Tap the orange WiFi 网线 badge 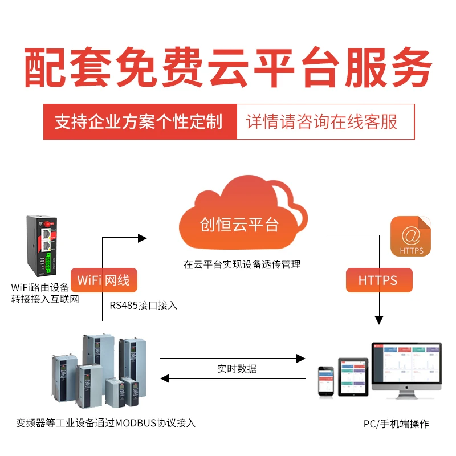pyautogui.click(x=104, y=280)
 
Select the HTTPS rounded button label pyautogui.click(x=379, y=280)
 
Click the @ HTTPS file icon pyautogui.click(x=410, y=236)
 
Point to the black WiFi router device pyautogui.click(x=42, y=246)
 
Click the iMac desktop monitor pyautogui.click(x=406, y=370)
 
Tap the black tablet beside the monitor pyautogui.click(x=353, y=377)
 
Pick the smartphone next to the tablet pyautogui.click(x=326, y=381)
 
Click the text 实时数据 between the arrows pyautogui.click(x=237, y=369)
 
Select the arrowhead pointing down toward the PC pyautogui.click(x=379, y=320)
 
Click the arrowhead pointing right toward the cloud pyautogui.click(x=142, y=238)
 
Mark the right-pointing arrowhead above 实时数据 pyautogui.click(x=301, y=359)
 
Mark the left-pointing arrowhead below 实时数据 pyautogui.click(x=165, y=378)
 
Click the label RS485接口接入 pyautogui.click(x=143, y=306)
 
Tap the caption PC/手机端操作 pyautogui.click(x=396, y=424)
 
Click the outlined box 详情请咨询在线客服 pyautogui.click(x=325, y=121)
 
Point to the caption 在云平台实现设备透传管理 pyautogui.click(x=242, y=264)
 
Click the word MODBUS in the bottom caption pyautogui.click(x=136, y=423)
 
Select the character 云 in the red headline pyautogui.click(x=230, y=67)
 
